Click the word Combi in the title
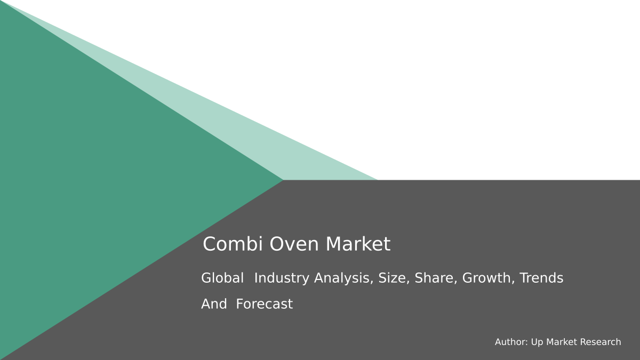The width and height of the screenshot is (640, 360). [231, 244]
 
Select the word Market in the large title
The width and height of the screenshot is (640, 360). [358, 244]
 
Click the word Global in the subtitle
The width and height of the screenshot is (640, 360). [222, 278]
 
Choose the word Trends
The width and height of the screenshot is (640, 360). [541, 278]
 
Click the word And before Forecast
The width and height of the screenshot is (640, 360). [213, 304]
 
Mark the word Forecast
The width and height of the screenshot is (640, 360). [264, 304]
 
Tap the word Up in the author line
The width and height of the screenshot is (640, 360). [537, 342]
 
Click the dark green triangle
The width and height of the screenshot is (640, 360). [107, 181]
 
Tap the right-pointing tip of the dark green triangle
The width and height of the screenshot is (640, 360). [282, 180]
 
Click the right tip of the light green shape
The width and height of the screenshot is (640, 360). [375, 179]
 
